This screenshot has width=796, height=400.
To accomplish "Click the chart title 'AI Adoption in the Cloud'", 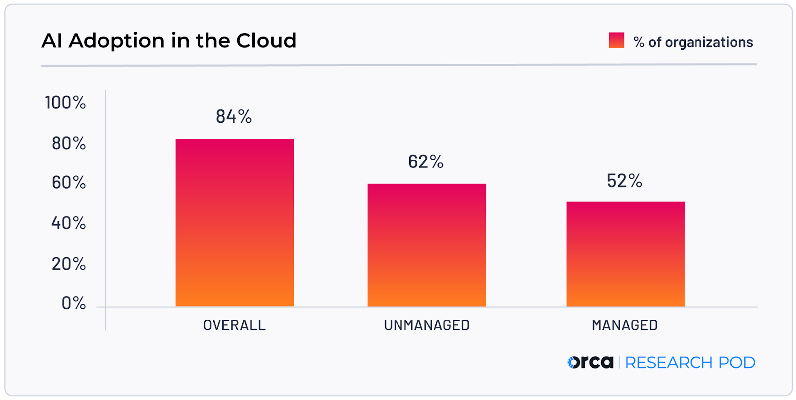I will [x=169, y=41].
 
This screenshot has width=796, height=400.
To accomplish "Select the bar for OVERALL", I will [x=234, y=222].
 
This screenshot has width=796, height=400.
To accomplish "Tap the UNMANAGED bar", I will [x=426, y=245].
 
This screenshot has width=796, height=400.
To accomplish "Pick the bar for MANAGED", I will [x=625, y=254].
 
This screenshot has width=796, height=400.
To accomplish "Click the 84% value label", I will [x=234, y=117].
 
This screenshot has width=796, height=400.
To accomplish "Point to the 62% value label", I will [x=426, y=162].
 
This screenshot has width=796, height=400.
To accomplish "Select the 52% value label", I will [x=624, y=181].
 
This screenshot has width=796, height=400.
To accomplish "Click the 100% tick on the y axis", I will [x=65, y=103].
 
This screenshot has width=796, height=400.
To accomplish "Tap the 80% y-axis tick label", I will [x=69, y=144].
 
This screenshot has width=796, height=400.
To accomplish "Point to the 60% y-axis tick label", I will [x=69, y=183].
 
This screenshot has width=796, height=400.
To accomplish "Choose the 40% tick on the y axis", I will [x=69, y=223].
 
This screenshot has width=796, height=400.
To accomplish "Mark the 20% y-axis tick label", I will [x=69, y=264].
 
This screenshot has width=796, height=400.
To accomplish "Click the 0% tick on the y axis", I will [x=74, y=303].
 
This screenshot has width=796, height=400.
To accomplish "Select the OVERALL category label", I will [x=234, y=325].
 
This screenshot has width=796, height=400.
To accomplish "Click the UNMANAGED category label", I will [x=426, y=325].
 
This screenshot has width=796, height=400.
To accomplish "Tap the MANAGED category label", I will [x=624, y=325].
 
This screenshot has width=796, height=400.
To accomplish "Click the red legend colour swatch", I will [x=616, y=40].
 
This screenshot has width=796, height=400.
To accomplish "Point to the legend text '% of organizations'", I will [x=693, y=42].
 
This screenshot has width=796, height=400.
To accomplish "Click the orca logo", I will [x=591, y=362].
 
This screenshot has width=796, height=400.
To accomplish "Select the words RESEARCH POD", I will [x=690, y=363].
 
